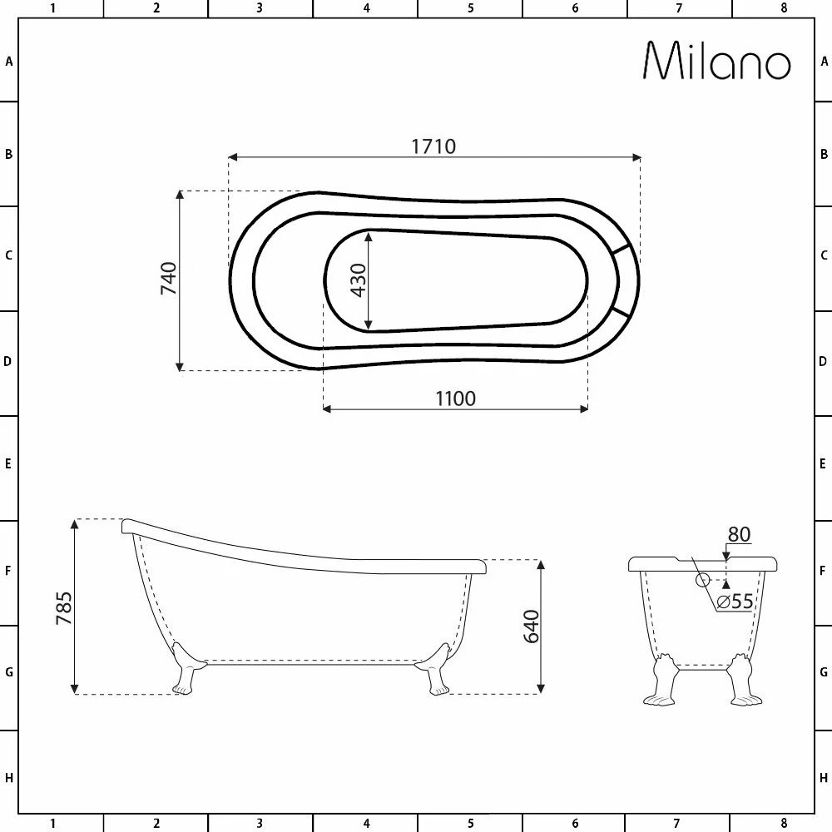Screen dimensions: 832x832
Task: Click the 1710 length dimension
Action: [x=433, y=146]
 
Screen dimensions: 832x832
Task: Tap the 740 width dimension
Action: [x=169, y=278]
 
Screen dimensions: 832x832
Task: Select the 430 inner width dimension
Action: [x=359, y=280]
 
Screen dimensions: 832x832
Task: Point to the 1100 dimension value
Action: [x=455, y=399]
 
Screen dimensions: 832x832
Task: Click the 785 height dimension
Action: [x=64, y=608]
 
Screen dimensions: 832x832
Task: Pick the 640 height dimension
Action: [x=531, y=626]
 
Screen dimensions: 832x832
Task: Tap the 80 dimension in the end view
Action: [x=739, y=534]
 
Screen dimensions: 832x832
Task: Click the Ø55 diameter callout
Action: [x=735, y=602]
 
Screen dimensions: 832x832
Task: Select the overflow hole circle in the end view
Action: [x=702, y=580]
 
